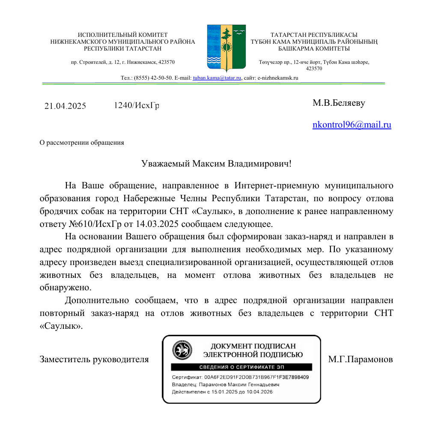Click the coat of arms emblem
[x=226, y=48]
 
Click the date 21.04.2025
[x=65, y=106]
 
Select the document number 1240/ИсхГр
[x=137, y=105]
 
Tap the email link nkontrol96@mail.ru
[x=352, y=125]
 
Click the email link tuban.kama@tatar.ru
[x=217, y=78]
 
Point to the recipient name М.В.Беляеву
[x=339, y=103]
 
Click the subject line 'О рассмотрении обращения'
[x=82, y=143]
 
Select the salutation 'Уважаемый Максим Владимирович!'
[x=216, y=164]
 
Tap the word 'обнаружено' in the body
[x=66, y=287]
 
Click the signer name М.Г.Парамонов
[x=360, y=360]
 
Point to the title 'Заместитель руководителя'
[x=94, y=360]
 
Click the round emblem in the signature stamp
[x=182, y=350]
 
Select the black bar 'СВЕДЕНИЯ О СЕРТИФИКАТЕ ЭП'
[x=241, y=367]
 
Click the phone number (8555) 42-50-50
[x=153, y=78]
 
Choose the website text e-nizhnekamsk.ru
[x=277, y=78]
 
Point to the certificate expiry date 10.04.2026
[x=259, y=392]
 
